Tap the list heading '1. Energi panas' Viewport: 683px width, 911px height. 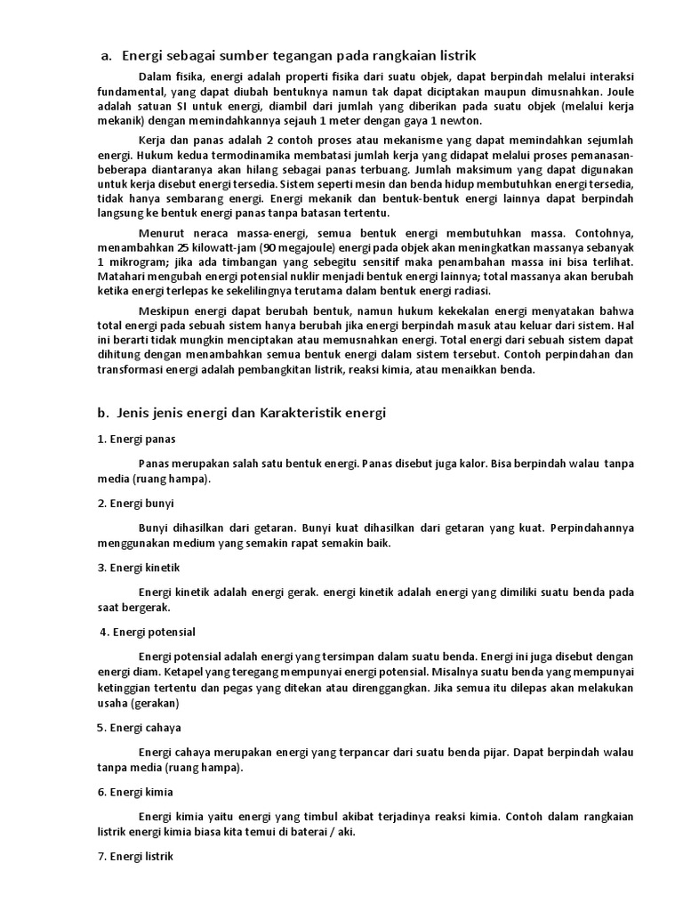pyautogui.click(x=137, y=439)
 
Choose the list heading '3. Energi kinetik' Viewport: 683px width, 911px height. pyautogui.click(x=140, y=567)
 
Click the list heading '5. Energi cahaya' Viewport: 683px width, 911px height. pyautogui.click(x=140, y=727)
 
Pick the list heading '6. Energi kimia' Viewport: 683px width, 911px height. pyautogui.click(x=136, y=791)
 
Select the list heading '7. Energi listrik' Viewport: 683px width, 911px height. pyautogui.click(x=137, y=856)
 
